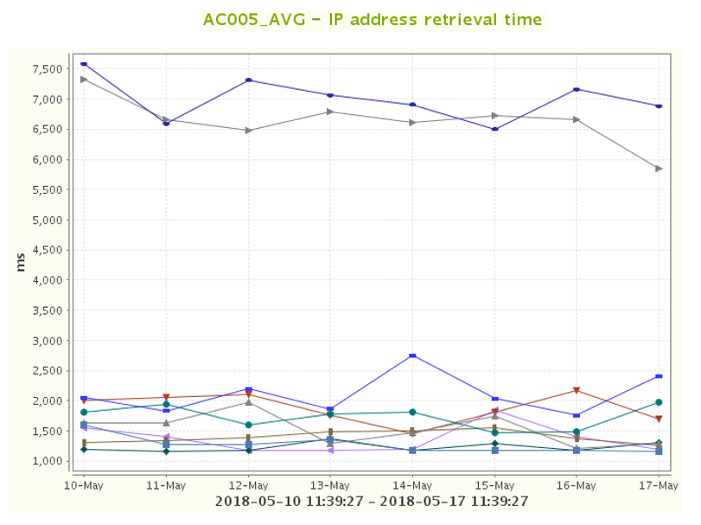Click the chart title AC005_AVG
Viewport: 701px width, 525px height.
tap(373, 20)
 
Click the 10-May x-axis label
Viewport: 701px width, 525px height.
tap(84, 486)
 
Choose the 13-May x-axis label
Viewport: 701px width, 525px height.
tap(330, 486)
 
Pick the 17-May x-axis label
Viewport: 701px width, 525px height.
tap(659, 486)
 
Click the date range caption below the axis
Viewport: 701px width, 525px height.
tap(372, 502)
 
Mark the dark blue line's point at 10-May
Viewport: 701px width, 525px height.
tap(84, 64)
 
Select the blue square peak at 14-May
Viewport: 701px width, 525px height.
tap(412, 355)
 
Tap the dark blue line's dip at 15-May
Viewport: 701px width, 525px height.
tap(494, 129)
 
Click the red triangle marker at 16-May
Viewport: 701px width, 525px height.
tap(577, 391)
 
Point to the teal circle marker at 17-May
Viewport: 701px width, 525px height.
tap(659, 402)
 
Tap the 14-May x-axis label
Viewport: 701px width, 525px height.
tap(412, 486)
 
